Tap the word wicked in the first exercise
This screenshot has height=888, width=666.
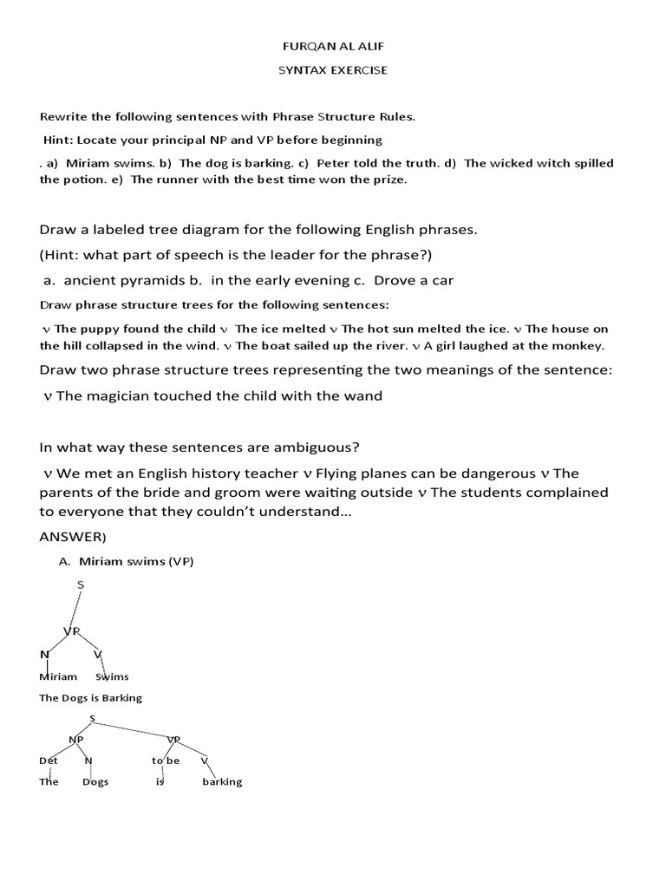[513, 163]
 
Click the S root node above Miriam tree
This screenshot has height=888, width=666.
[81, 585]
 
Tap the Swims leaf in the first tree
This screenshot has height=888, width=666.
[112, 676]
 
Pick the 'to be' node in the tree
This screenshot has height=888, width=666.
[165, 760]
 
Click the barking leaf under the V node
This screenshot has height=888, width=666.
[222, 781]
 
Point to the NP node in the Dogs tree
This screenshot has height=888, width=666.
[76, 739]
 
